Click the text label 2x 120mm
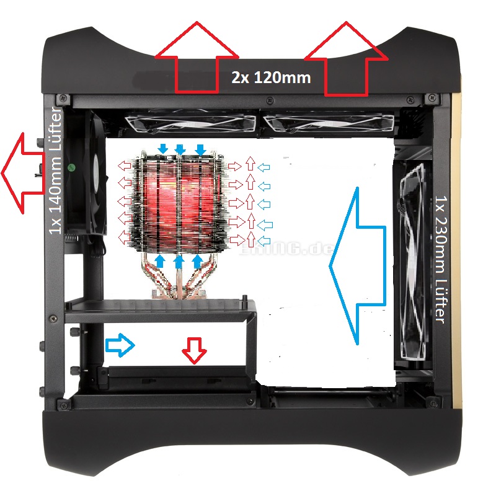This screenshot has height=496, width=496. (x=271, y=79)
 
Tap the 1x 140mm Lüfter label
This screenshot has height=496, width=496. (x=55, y=170)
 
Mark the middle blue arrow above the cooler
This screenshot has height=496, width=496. (x=180, y=149)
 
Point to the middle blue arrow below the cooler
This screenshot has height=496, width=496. (x=179, y=262)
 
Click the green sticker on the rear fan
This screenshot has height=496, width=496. (x=73, y=167)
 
